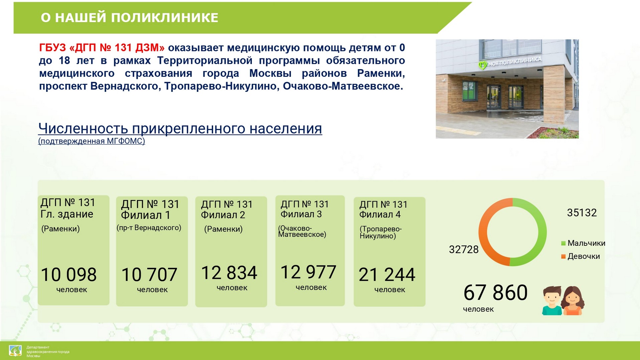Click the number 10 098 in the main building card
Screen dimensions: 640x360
click(x=69, y=275)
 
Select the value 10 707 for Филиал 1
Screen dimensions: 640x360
click(x=149, y=275)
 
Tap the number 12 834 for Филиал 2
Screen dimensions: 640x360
click(x=229, y=273)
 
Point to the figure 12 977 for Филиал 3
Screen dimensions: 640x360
click(x=308, y=272)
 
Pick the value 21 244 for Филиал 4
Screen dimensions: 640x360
click(x=387, y=275)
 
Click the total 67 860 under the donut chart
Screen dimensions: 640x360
click(x=496, y=293)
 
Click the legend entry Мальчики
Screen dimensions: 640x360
click(x=583, y=243)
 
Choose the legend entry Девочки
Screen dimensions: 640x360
click(x=581, y=256)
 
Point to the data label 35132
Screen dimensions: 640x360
click(x=582, y=213)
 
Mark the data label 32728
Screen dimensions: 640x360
click(x=464, y=249)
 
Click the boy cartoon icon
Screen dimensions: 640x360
click(x=552, y=301)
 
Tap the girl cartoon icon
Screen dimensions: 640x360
click(x=573, y=301)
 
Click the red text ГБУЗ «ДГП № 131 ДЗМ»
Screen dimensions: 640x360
click(x=102, y=48)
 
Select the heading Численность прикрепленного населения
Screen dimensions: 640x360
click(x=180, y=128)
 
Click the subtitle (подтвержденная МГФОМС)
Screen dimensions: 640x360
click(x=92, y=141)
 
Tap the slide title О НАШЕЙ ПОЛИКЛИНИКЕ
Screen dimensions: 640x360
click(x=130, y=18)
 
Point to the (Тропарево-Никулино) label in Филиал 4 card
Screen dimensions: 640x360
click(x=380, y=232)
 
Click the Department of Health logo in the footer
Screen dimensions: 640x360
click(x=15, y=351)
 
